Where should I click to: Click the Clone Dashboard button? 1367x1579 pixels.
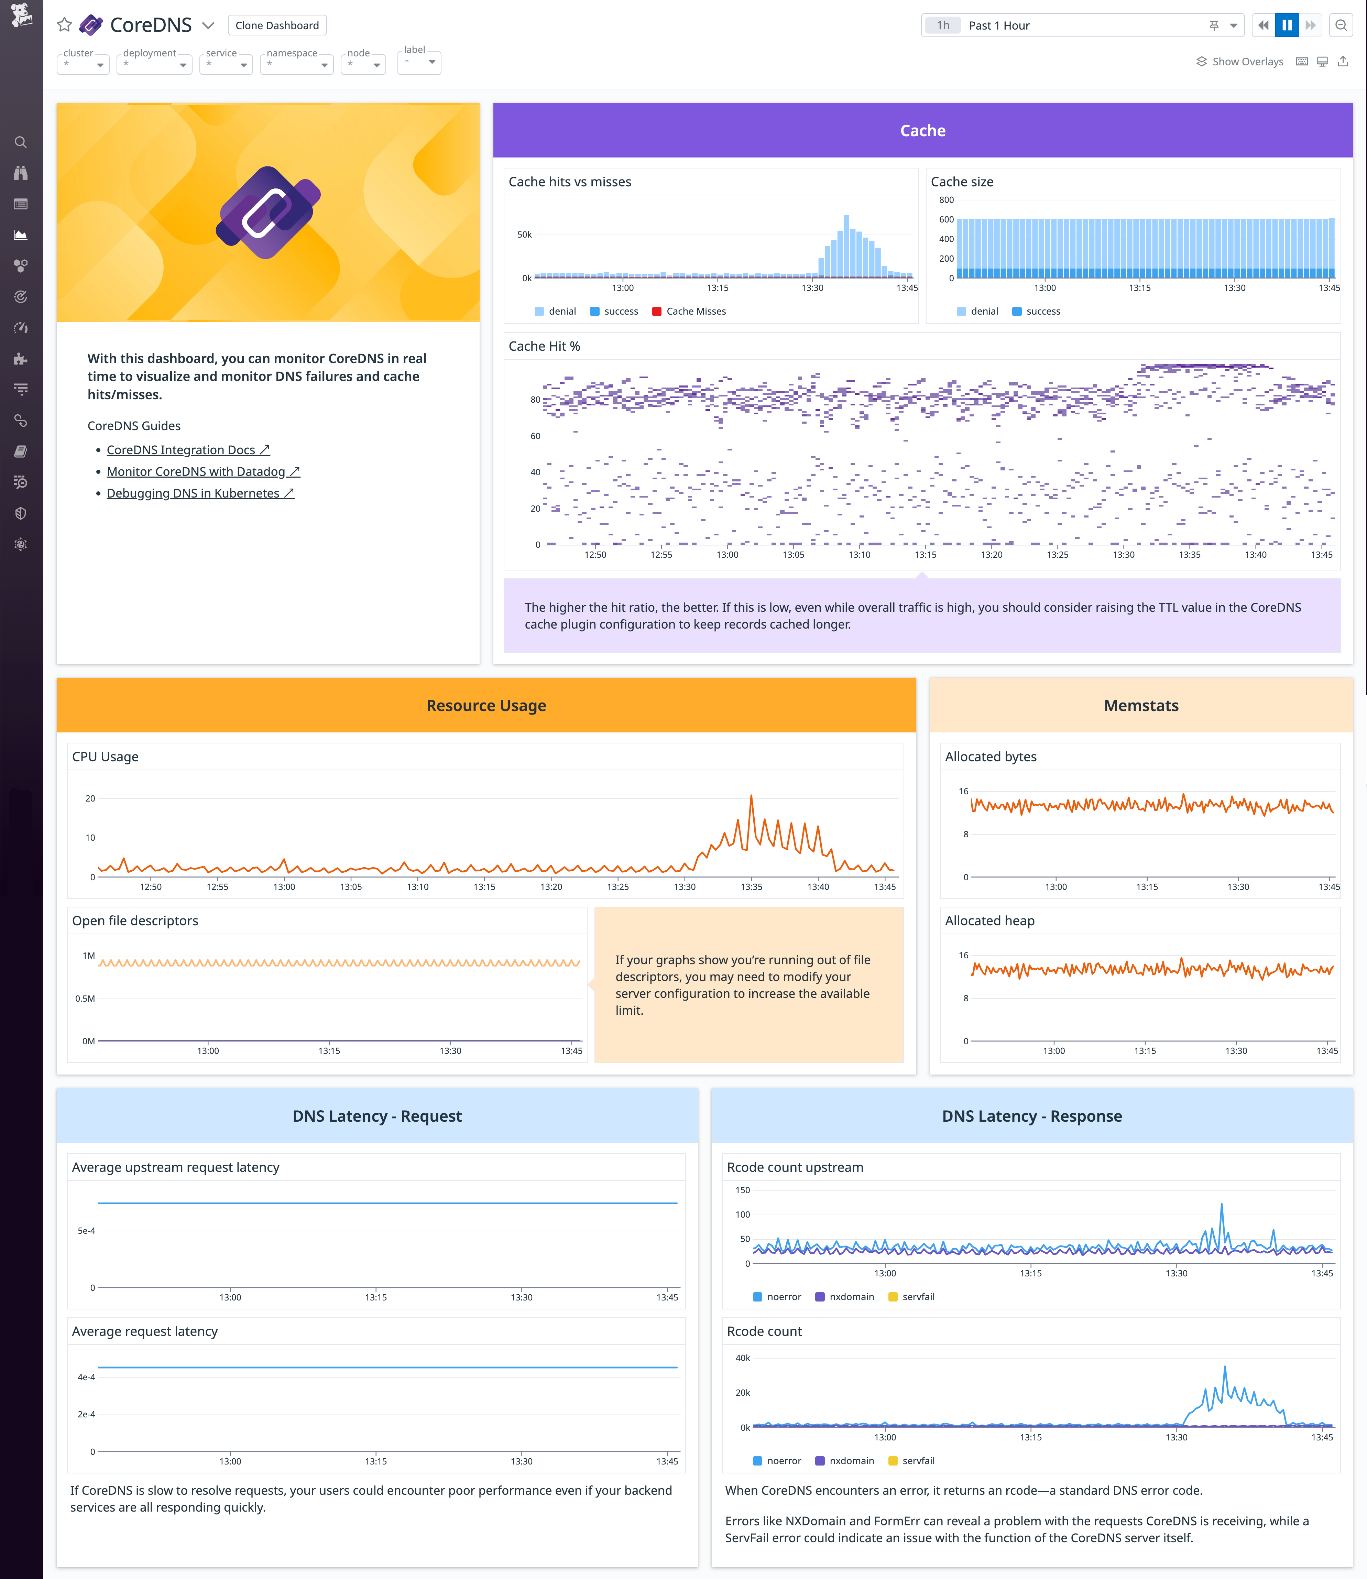click(277, 25)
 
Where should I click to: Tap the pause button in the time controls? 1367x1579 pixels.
click(1287, 25)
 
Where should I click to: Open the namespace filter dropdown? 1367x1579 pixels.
click(297, 64)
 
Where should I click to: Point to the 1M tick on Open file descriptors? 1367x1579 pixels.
click(88, 956)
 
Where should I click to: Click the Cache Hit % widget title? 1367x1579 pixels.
click(544, 346)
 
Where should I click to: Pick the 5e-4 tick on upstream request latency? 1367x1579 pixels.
click(86, 1230)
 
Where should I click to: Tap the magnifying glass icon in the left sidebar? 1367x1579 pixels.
click(21, 143)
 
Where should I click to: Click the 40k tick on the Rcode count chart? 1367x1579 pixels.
click(742, 1358)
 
